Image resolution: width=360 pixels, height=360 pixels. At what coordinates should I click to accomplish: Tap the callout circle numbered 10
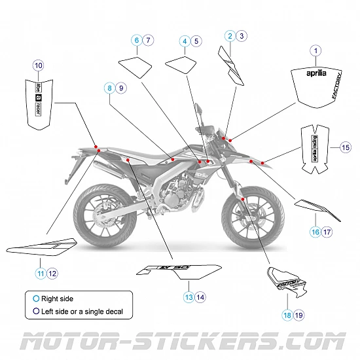pos(38,65)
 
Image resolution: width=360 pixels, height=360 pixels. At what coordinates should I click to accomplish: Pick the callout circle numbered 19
pos(299,315)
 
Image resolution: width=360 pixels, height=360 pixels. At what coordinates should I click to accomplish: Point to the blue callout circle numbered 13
pos(189,297)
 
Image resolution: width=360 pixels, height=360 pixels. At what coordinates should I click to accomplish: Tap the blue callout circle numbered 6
pos(137,41)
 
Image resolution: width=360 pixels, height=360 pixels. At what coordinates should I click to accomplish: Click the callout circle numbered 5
pos(197,41)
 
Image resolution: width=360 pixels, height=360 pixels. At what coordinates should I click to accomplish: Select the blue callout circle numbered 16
pos(315,232)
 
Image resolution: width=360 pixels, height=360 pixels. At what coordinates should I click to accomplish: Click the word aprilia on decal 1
pos(315,73)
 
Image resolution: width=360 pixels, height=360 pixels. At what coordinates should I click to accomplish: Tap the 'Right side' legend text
pos(57,298)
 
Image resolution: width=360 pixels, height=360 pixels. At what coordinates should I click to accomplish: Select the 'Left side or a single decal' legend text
pos(81,312)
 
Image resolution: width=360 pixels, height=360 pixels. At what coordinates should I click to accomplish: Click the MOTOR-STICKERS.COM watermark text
pos(180,342)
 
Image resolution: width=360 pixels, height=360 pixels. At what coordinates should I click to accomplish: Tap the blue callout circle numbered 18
pos(287,315)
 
